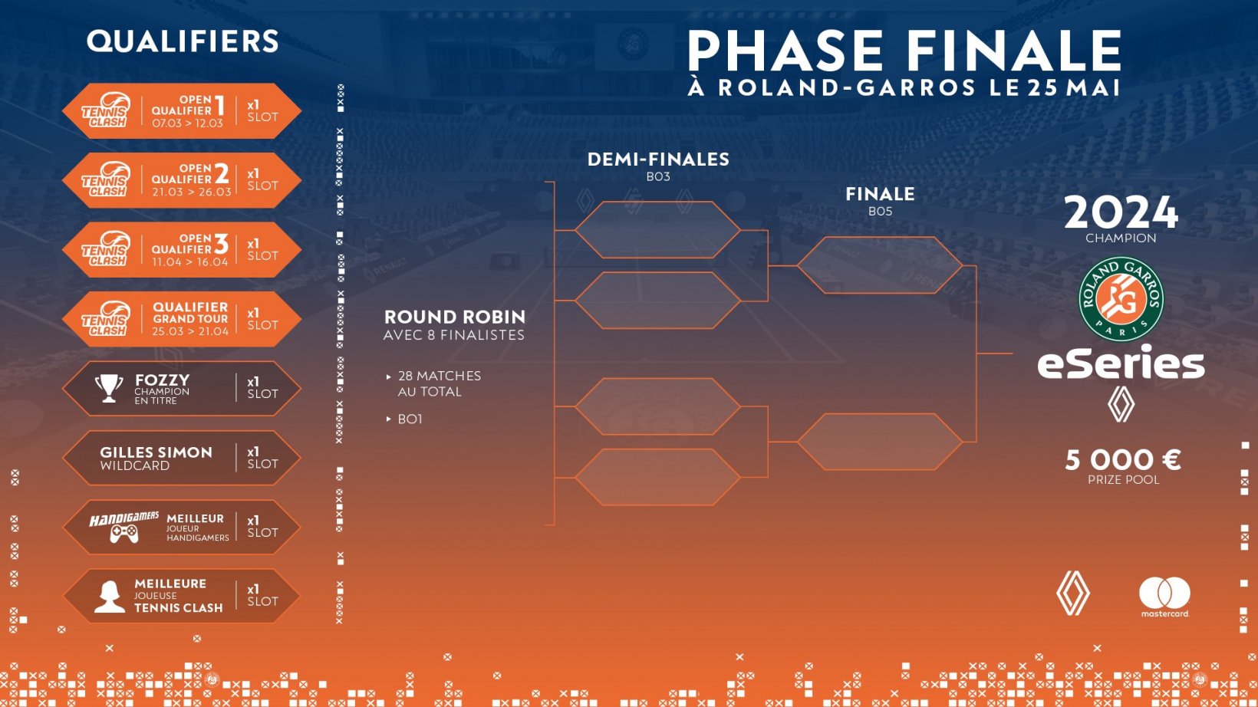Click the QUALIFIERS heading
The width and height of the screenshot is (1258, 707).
click(x=183, y=41)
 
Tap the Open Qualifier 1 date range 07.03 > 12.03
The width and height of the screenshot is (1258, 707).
click(x=188, y=123)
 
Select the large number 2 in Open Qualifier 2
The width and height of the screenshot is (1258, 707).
click(x=222, y=174)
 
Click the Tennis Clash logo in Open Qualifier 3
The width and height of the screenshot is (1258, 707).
click(x=106, y=248)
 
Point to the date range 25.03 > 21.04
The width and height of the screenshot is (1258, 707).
click(x=190, y=331)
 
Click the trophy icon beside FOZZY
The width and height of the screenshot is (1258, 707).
click(x=109, y=388)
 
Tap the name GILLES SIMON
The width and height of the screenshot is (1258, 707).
click(x=156, y=452)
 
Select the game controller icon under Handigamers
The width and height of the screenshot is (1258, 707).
click(x=123, y=534)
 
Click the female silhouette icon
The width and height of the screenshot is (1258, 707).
click(x=110, y=597)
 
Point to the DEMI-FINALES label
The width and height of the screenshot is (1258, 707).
click(x=658, y=159)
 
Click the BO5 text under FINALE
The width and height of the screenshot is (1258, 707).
click(x=880, y=211)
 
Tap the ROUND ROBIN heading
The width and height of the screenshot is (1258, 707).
click(x=455, y=317)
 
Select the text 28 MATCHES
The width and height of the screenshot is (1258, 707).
click(x=440, y=376)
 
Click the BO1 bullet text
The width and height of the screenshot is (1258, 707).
click(x=410, y=419)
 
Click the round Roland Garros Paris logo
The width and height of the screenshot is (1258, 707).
click(x=1121, y=299)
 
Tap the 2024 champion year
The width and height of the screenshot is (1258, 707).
click(x=1121, y=212)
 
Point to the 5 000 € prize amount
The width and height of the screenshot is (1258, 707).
click(x=1123, y=460)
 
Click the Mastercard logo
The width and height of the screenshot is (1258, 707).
click(x=1164, y=597)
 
